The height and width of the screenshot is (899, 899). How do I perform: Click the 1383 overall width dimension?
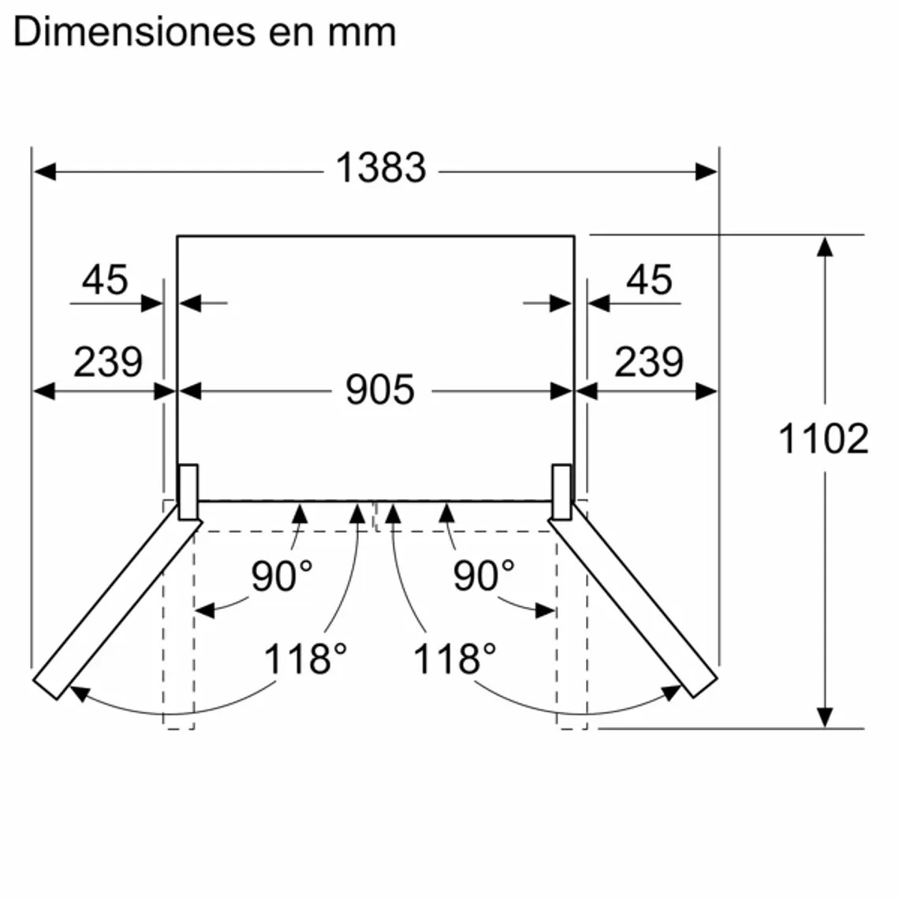pos(381,168)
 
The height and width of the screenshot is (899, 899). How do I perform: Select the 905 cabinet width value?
pos(380,390)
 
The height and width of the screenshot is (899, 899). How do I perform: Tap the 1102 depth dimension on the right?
pos(823,438)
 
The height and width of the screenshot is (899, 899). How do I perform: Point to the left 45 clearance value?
pos(105,280)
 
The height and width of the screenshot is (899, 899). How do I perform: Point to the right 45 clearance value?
pos(649,280)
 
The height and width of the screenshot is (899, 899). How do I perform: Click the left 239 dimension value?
pos(108,362)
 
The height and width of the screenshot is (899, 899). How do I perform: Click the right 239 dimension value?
pos(648,362)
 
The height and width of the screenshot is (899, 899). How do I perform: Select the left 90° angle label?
pos(282,576)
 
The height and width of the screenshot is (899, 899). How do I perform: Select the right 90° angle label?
pos(483,576)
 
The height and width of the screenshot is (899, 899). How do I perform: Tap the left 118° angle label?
pos(304,658)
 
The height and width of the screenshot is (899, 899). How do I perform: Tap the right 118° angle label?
pos(455,658)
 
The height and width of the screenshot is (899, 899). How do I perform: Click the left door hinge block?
pos(188,492)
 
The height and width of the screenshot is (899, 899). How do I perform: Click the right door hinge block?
pos(561,492)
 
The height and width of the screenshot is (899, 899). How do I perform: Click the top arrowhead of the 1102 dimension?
pos(825,246)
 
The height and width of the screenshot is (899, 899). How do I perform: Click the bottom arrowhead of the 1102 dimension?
pos(825,717)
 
